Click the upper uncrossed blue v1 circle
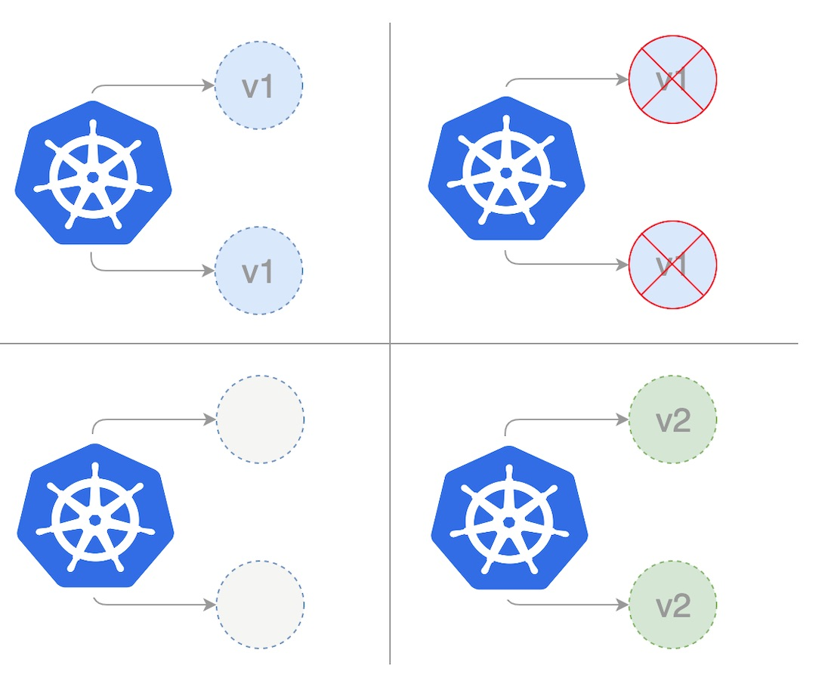(258, 86)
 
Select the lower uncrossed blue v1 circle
(258, 271)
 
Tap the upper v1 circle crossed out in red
(672, 79)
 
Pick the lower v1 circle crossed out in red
(672, 265)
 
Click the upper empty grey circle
(260, 419)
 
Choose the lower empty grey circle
(260, 605)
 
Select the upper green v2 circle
(672, 419)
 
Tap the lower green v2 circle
(672, 605)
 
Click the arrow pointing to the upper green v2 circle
(567, 419)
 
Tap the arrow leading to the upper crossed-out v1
(567, 79)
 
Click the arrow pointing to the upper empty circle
(155, 419)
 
